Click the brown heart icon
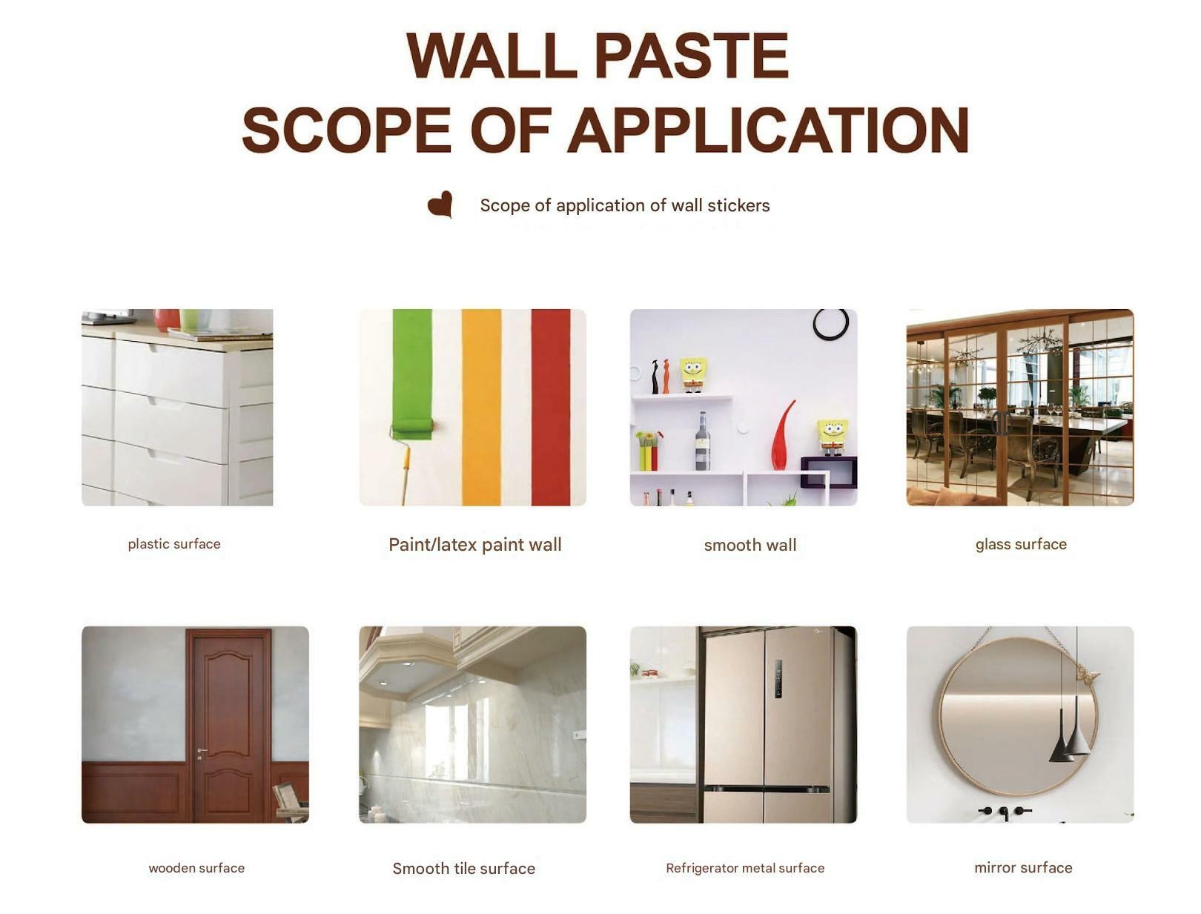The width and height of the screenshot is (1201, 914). pos(440,203)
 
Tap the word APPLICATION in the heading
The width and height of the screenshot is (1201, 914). pos(768,130)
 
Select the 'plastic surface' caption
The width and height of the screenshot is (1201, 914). pos(174,544)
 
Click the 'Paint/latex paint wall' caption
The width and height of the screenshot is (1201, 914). pos(475,545)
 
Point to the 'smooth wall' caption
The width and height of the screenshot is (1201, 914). pos(750,545)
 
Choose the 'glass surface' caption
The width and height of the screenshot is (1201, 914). pos(1021,544)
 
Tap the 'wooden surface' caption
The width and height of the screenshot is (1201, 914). pos(196,868)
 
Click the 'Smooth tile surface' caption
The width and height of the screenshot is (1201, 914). pos(464,869)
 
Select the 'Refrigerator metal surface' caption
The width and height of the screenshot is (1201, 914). pos(745,868)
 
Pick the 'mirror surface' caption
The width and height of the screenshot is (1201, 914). pos(1023,868)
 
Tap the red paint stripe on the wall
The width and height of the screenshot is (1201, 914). pos(550,407)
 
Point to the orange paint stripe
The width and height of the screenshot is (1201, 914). pos(481,407)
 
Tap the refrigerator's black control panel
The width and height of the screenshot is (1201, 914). pos(778,679)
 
